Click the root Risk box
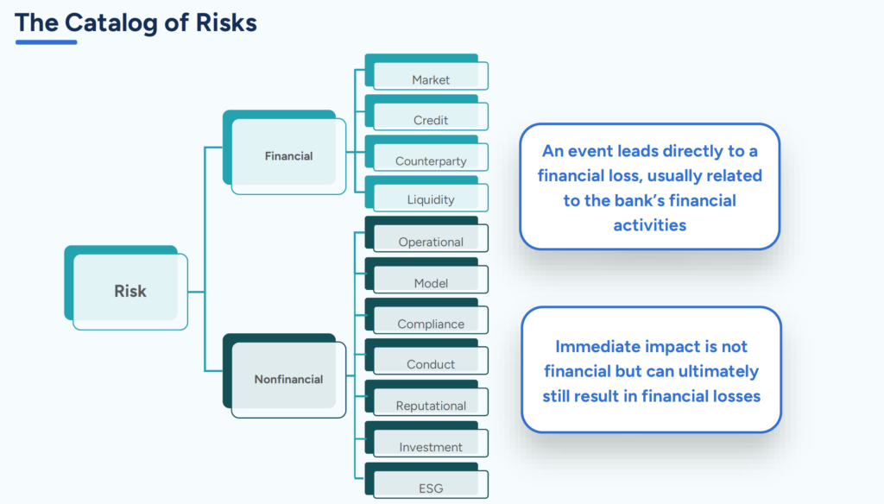coord(130,292)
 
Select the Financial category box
coord(288,156)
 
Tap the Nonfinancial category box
coord(288,379)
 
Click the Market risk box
coord(430,79)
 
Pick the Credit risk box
coord(430,120)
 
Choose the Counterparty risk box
coord(430,161)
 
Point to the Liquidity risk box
coord(430,199)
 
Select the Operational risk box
coord(430,242)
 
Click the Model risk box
coord(430,283)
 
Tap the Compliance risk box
coord(430,324)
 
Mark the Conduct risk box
coord(430,364)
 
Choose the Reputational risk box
coord(430,406)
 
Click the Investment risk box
coord(430,447)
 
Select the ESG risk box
coord(430,488)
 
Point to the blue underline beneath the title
coord(46,41)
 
